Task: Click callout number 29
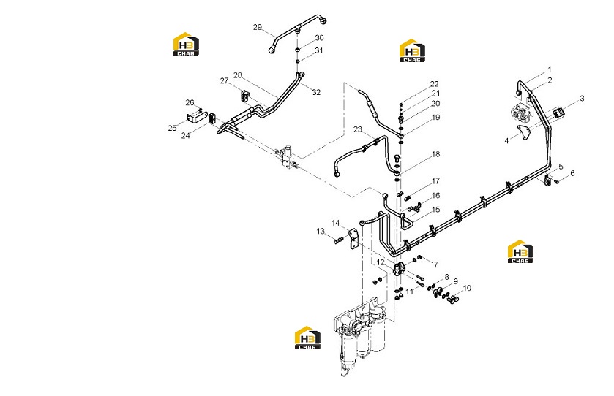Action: pyautogui.click(x=258, y=27)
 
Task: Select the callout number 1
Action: pyautogui.click(x=550, y=69)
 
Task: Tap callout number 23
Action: pyautogui.click(x=358, y=129)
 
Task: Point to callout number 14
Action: pyautogui.click(x=336, y=224)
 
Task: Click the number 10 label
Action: pyautogui.click(x=467, y=288)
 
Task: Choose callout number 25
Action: pyautogui.click(x=172, y=128)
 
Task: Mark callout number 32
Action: pyautogui.click(x=316, y=92)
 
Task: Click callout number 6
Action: pyautogui.click(x=572, y=173)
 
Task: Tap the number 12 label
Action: pyautogui.click(x=381, y=263)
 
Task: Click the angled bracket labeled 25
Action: pyautogui.click(x=197, y=117)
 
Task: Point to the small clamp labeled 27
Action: pyautogui.click(x=245, y=96)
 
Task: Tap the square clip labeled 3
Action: pyautogui.click(x=558, y=114)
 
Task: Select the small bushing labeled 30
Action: pyautogui.click(x=298, y=50)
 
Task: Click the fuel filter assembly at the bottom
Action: pyautogui.click(x=359, y=336)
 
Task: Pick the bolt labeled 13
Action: pyautogui.click(x=338, y=239)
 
